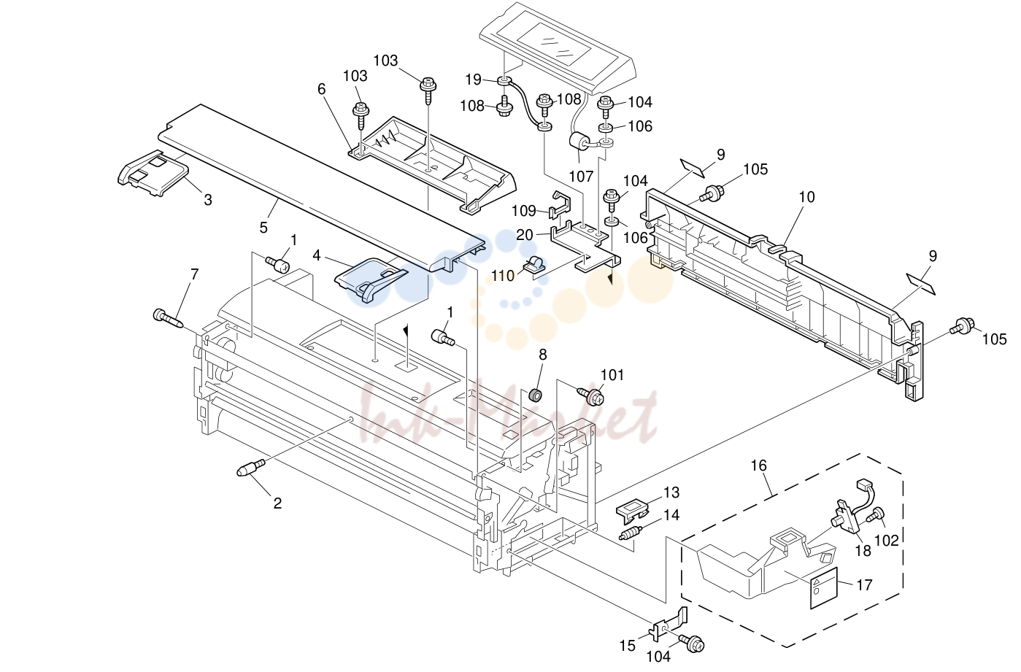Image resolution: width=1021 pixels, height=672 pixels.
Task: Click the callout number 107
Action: point(581,177)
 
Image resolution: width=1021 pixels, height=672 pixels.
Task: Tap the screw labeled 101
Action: point(590,396)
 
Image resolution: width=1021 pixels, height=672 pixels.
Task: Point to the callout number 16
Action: point(759,466)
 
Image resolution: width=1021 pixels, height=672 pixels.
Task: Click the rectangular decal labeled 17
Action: point(824,588)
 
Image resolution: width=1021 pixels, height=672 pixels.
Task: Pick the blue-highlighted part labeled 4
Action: point(371,279)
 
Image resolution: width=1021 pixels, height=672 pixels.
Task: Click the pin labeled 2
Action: point(251,468)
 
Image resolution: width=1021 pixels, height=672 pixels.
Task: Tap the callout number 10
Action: point(806,197)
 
